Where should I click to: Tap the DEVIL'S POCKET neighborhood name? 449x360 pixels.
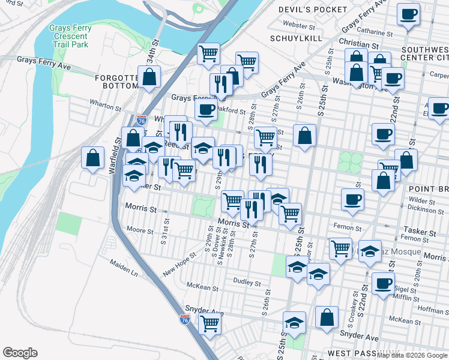313,10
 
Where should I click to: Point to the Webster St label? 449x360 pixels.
295,25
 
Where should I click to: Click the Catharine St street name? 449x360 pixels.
375,29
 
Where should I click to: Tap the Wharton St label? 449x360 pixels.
106,107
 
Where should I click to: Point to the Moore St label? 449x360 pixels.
140,230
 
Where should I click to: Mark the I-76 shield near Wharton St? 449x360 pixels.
141,120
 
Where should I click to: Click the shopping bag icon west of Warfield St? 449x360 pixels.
93,158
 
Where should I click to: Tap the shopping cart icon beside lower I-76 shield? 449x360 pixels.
209,323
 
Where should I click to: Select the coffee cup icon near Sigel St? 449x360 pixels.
382,284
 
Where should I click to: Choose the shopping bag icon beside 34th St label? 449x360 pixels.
149,77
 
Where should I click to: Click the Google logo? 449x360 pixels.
20,353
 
